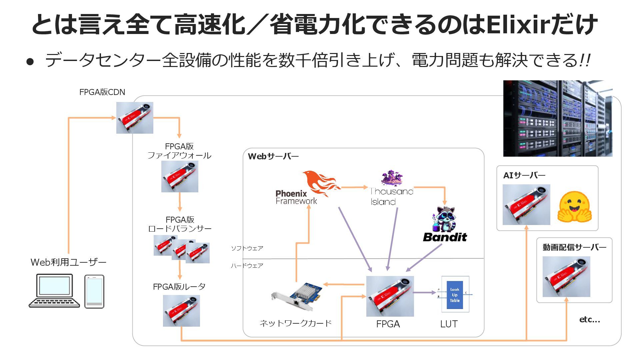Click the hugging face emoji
(x=574, y=207)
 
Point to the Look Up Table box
(x=455, y=295)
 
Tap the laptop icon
(x=54, y=290)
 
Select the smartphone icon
(x=94, y=291)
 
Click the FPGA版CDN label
(x=102, y=92)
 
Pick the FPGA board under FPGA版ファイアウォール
(x=180, y=176)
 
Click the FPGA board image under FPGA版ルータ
(x=181, y=311)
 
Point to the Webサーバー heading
(x=273, y=156)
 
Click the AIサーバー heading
(x=524, y=175)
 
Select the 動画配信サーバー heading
(x=574, y=247)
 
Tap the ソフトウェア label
(x=247, y=248)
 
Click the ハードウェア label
(x=247, y=266)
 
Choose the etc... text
(x=589, y=320)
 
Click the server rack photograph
(x=558, y=118)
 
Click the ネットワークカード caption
(x=295, y=323)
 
